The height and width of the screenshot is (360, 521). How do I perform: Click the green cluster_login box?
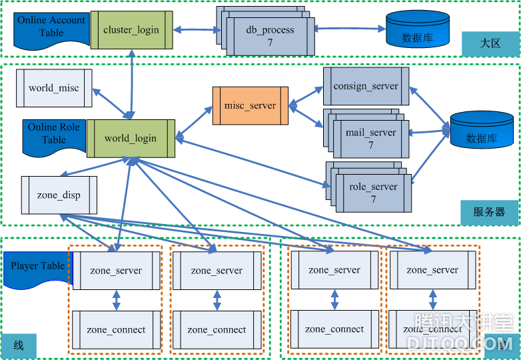[131, 30]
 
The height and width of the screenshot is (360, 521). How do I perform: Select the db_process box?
[270, 35]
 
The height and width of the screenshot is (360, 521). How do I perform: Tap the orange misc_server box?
[250, 105]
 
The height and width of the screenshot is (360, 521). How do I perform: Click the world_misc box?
[54, 87]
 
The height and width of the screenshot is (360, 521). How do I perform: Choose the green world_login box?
[131, 139]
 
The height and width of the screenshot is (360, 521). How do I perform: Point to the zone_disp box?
[59, 195]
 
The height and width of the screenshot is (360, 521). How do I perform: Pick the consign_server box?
[366, 86]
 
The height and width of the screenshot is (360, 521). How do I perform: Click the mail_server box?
[371, 138]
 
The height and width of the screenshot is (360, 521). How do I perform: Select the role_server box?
[373, 193]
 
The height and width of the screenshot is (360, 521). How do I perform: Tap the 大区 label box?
[490, 43]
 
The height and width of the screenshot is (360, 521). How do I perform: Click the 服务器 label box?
[489, 212]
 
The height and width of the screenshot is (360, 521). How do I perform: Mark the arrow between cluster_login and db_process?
[197, 29]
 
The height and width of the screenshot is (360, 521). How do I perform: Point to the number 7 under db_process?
[270, 43]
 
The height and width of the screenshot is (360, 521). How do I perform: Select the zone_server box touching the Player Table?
[116, 271]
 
